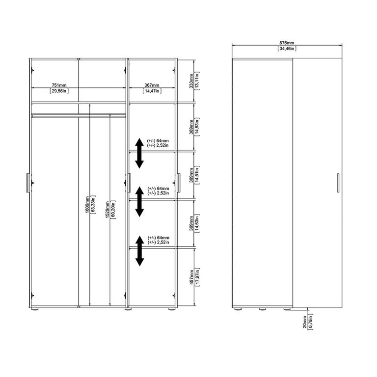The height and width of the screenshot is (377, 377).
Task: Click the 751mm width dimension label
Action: (x=59, y=84)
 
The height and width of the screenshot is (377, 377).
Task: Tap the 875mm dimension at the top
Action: (x=287, y=42)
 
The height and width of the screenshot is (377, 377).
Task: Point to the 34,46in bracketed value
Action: (x=287, y=49)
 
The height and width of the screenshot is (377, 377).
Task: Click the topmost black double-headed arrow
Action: (x=139, y=152)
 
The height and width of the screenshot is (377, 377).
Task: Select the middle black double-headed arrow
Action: (x=139, y=201)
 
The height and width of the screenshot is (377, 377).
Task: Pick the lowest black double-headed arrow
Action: (x=139, y=250)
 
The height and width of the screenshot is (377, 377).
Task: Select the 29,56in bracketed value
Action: (x=59, y=91)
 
